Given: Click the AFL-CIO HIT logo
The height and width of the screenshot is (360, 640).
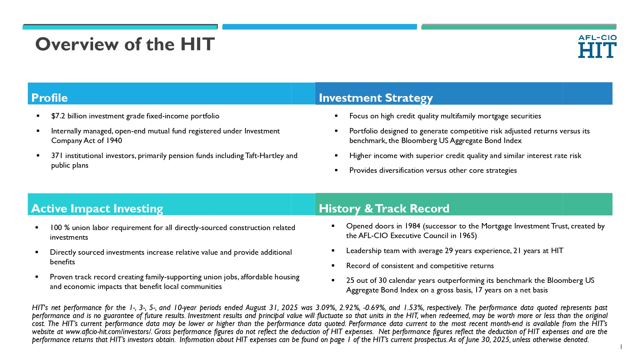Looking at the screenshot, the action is (597, 46).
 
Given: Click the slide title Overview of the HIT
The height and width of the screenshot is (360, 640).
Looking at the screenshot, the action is (125, 44).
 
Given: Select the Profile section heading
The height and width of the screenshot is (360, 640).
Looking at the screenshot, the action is (50, 98).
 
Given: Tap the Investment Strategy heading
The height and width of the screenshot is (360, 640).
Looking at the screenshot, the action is (376, 98).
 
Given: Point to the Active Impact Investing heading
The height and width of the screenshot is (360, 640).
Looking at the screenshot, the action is (97, 209).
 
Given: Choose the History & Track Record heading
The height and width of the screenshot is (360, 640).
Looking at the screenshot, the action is (384, 209).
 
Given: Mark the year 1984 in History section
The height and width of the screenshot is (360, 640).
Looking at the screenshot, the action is (412, 226).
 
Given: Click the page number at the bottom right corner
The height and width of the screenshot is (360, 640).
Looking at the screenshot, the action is (621, 347).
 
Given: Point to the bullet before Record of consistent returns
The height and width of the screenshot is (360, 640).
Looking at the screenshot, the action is (333, 265).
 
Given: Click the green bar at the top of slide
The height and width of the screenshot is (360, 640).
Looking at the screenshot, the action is (519, 27).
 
